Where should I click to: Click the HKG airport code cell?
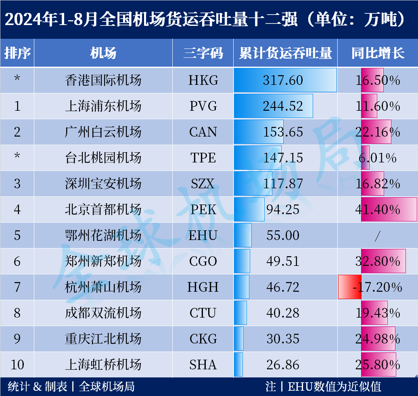coord(203,80)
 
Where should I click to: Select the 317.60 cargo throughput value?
coord(283,80)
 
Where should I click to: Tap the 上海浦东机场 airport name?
coord(103,106)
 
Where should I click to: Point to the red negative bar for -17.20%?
coord(349,287)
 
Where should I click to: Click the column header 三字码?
coord(203,53)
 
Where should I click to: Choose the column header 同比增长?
coord(378,53)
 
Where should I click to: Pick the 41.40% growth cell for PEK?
coord(378,209)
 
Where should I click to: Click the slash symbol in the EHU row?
coord(377,236)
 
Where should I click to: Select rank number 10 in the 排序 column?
coord(17,364)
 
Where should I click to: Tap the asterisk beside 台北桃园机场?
coord(17,158)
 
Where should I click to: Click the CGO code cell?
coord(203,261)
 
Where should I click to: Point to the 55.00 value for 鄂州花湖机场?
coord(283,235)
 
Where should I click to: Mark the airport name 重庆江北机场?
coord(103,339)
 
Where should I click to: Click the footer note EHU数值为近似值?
coord(334,387)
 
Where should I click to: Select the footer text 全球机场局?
coord(107,387)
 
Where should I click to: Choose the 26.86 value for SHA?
coord(283,364)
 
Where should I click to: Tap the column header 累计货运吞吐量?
coord(285,53)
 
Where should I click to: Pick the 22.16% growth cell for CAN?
coord(378,132)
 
